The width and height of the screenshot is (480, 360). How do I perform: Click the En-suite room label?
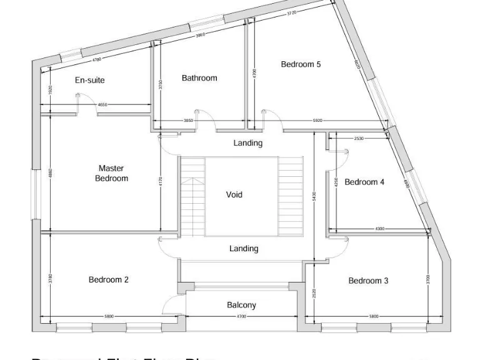(90, 80)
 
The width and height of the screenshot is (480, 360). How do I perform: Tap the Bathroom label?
(199, 78)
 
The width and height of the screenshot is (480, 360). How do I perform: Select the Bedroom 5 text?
(301, 64)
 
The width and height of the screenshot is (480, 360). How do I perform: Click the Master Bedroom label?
(111, 173)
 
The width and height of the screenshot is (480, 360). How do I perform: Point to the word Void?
(234, 195)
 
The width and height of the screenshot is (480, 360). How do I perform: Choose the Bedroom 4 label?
(364, 182)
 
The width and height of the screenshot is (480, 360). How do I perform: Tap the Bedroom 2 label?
(109, 280)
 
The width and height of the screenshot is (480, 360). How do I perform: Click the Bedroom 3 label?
(368, 281)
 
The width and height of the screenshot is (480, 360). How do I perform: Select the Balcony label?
(241, 305)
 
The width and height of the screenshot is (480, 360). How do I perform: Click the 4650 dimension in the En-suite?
(102, 105)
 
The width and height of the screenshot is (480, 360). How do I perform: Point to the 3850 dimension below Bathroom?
(188, 121)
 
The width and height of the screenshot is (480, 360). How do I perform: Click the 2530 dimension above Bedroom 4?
(359, 138)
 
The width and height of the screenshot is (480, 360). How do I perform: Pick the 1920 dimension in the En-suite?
(50, 91)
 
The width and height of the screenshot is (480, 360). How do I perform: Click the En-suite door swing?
(78, 104)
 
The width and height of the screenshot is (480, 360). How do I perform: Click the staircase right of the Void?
(290, 196)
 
